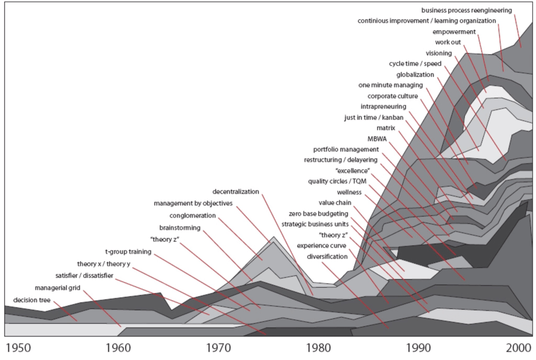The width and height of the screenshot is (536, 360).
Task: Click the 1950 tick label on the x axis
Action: pyautogui.click(x=17, y=348)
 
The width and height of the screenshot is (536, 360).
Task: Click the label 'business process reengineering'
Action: pyautogui.click(x=466, y=10)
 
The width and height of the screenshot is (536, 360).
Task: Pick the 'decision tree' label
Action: pyautogui.click(x=31, y=300)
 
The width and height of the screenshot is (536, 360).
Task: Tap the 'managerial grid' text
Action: pyautogui.click(x=58, y=288)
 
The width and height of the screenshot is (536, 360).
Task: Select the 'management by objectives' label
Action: pyautogui.click(x=193, y=204)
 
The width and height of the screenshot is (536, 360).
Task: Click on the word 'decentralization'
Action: pyautogui.click(x=236, y=192)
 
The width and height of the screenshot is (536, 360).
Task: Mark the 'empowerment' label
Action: pyautogui.click(x=454, y=32)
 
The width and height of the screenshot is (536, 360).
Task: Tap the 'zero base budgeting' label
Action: pyautogui.click(x=318, y=213)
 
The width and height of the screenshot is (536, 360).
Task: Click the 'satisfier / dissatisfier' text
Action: pyautogui.click(x=84, y=276)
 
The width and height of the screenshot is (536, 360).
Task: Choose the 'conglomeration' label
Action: pyautogui.click(x=193, y=216)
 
